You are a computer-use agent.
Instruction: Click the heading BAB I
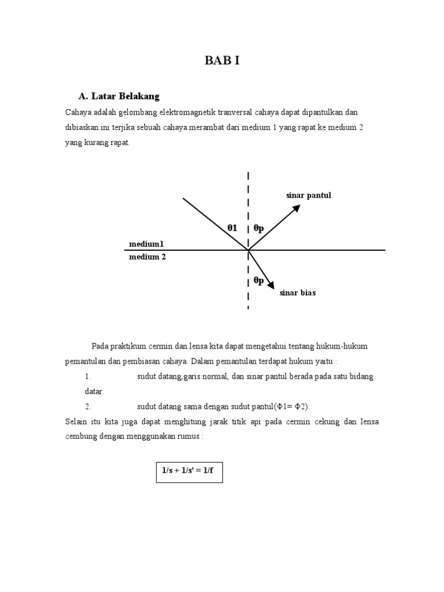tap(222, 61)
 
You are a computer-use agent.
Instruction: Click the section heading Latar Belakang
tap(119, 95)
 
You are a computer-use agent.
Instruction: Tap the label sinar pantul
tap(309, 195)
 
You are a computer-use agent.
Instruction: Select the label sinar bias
tap(298, 293)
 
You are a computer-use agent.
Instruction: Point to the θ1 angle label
tap(232, 228)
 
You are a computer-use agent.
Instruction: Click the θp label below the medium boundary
tap(258, 280)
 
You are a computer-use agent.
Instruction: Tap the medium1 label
tap(146, 244)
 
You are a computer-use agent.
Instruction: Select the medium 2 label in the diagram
tap(147, 257)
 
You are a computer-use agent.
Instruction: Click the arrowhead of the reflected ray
tap(297, 208)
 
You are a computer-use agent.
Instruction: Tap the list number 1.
tap(88, 376)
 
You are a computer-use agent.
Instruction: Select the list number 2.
tap(88, 406)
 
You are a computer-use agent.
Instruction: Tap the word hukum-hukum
tap(342, 346)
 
